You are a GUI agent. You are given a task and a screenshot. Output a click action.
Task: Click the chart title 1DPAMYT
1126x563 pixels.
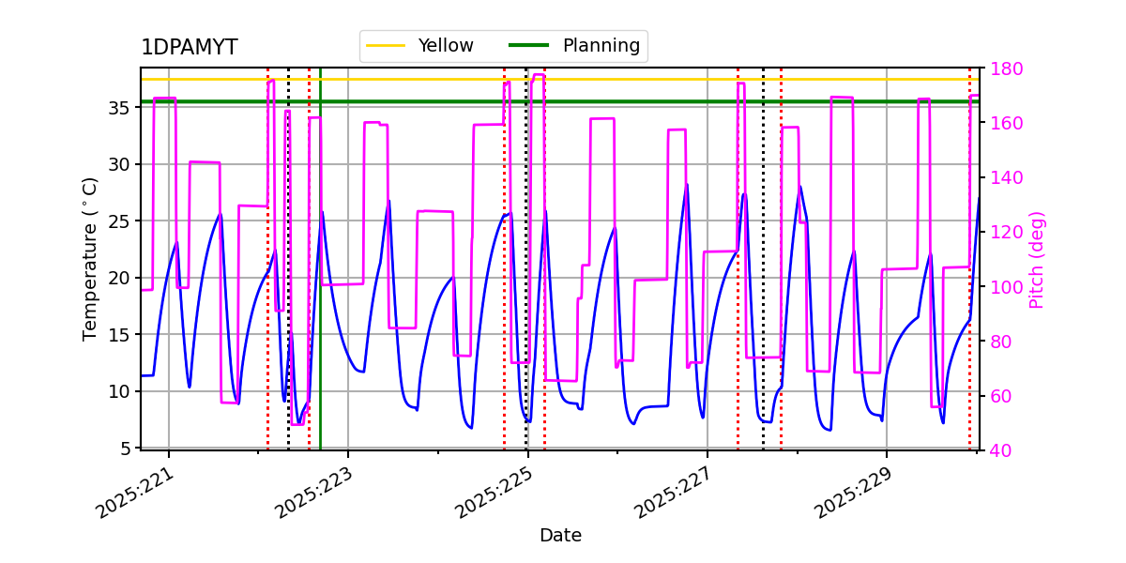pos(189,48)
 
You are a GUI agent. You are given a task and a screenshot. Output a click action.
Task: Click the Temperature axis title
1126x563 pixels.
pos(90,259)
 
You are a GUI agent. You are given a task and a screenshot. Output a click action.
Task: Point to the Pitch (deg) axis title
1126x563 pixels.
pos(1037,259)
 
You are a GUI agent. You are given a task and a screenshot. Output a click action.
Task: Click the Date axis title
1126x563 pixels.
pos(560,536)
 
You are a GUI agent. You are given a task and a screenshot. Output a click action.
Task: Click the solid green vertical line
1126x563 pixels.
pos(320,281)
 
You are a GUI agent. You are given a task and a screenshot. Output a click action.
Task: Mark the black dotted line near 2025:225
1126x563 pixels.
pos(525,281)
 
